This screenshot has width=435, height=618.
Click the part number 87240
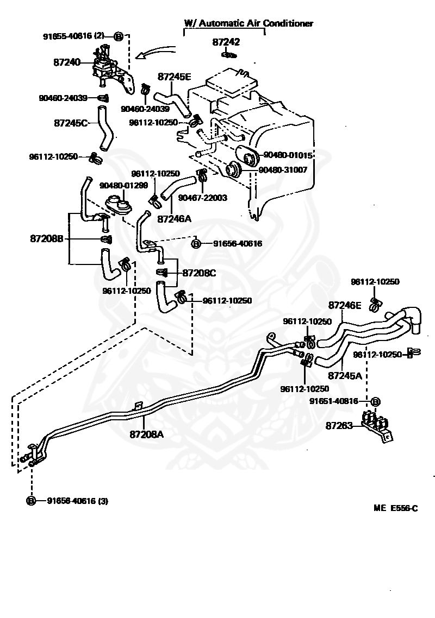click(67, 62)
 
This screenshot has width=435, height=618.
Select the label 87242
click(226, 42)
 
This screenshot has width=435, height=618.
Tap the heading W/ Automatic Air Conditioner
click(248, 23)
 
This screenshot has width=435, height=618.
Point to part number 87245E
click(174, 77)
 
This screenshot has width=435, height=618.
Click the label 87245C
click(71, 123)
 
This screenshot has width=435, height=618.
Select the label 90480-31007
click(283, 170)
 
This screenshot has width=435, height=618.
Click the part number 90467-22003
click(202, 198)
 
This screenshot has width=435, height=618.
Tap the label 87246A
click(174, 219)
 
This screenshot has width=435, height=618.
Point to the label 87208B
click(47, 238)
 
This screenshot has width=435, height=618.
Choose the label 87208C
click(199, 273)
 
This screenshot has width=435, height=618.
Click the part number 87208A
click(146, 434)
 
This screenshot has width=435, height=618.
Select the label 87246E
click(345, 305)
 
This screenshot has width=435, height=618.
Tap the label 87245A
click(345, 376)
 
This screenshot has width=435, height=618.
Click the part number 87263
click(339, 426)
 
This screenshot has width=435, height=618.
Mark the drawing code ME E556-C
click(395, 508)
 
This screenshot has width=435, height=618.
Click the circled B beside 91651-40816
click(375, 402)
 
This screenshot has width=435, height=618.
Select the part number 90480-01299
click(123, 185)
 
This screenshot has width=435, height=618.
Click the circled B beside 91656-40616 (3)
click(31, 501)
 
